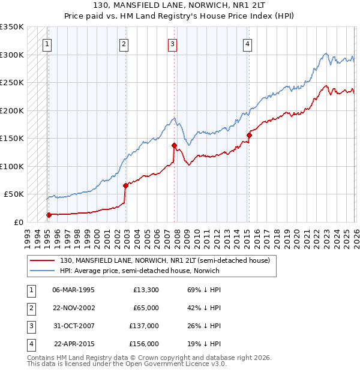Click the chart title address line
(180, 5)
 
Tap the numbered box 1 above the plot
(47, 43)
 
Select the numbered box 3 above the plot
(172, 43)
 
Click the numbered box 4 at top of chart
(247, 43)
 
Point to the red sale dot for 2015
(249, 135)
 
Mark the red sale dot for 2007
(174, 145)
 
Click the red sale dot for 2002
(125, 185)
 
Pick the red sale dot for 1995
(49, 214)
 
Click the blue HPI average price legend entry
(140, 271)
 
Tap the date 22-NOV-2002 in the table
(73, 307)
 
